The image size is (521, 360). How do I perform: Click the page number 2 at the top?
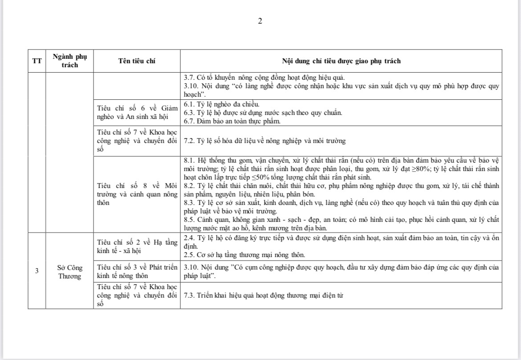[260, 21]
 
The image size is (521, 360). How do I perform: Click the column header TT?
[37, 61]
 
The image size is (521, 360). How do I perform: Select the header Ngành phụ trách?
[70, 61]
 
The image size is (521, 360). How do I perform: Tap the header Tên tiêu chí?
[137, 61]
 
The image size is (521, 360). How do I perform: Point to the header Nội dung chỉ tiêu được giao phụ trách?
[341, 61]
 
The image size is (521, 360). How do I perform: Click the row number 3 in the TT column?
[37, 270]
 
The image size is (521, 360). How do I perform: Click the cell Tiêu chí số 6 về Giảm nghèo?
[137, 112]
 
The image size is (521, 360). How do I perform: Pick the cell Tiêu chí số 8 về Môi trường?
[137, 194]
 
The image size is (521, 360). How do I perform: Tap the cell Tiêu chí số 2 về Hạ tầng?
[137, 246]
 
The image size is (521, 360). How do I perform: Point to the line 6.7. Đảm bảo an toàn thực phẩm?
[232, 121]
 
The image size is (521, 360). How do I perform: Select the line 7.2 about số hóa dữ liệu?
[265, 141]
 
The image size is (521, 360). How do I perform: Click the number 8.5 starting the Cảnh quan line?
[189, 220]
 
